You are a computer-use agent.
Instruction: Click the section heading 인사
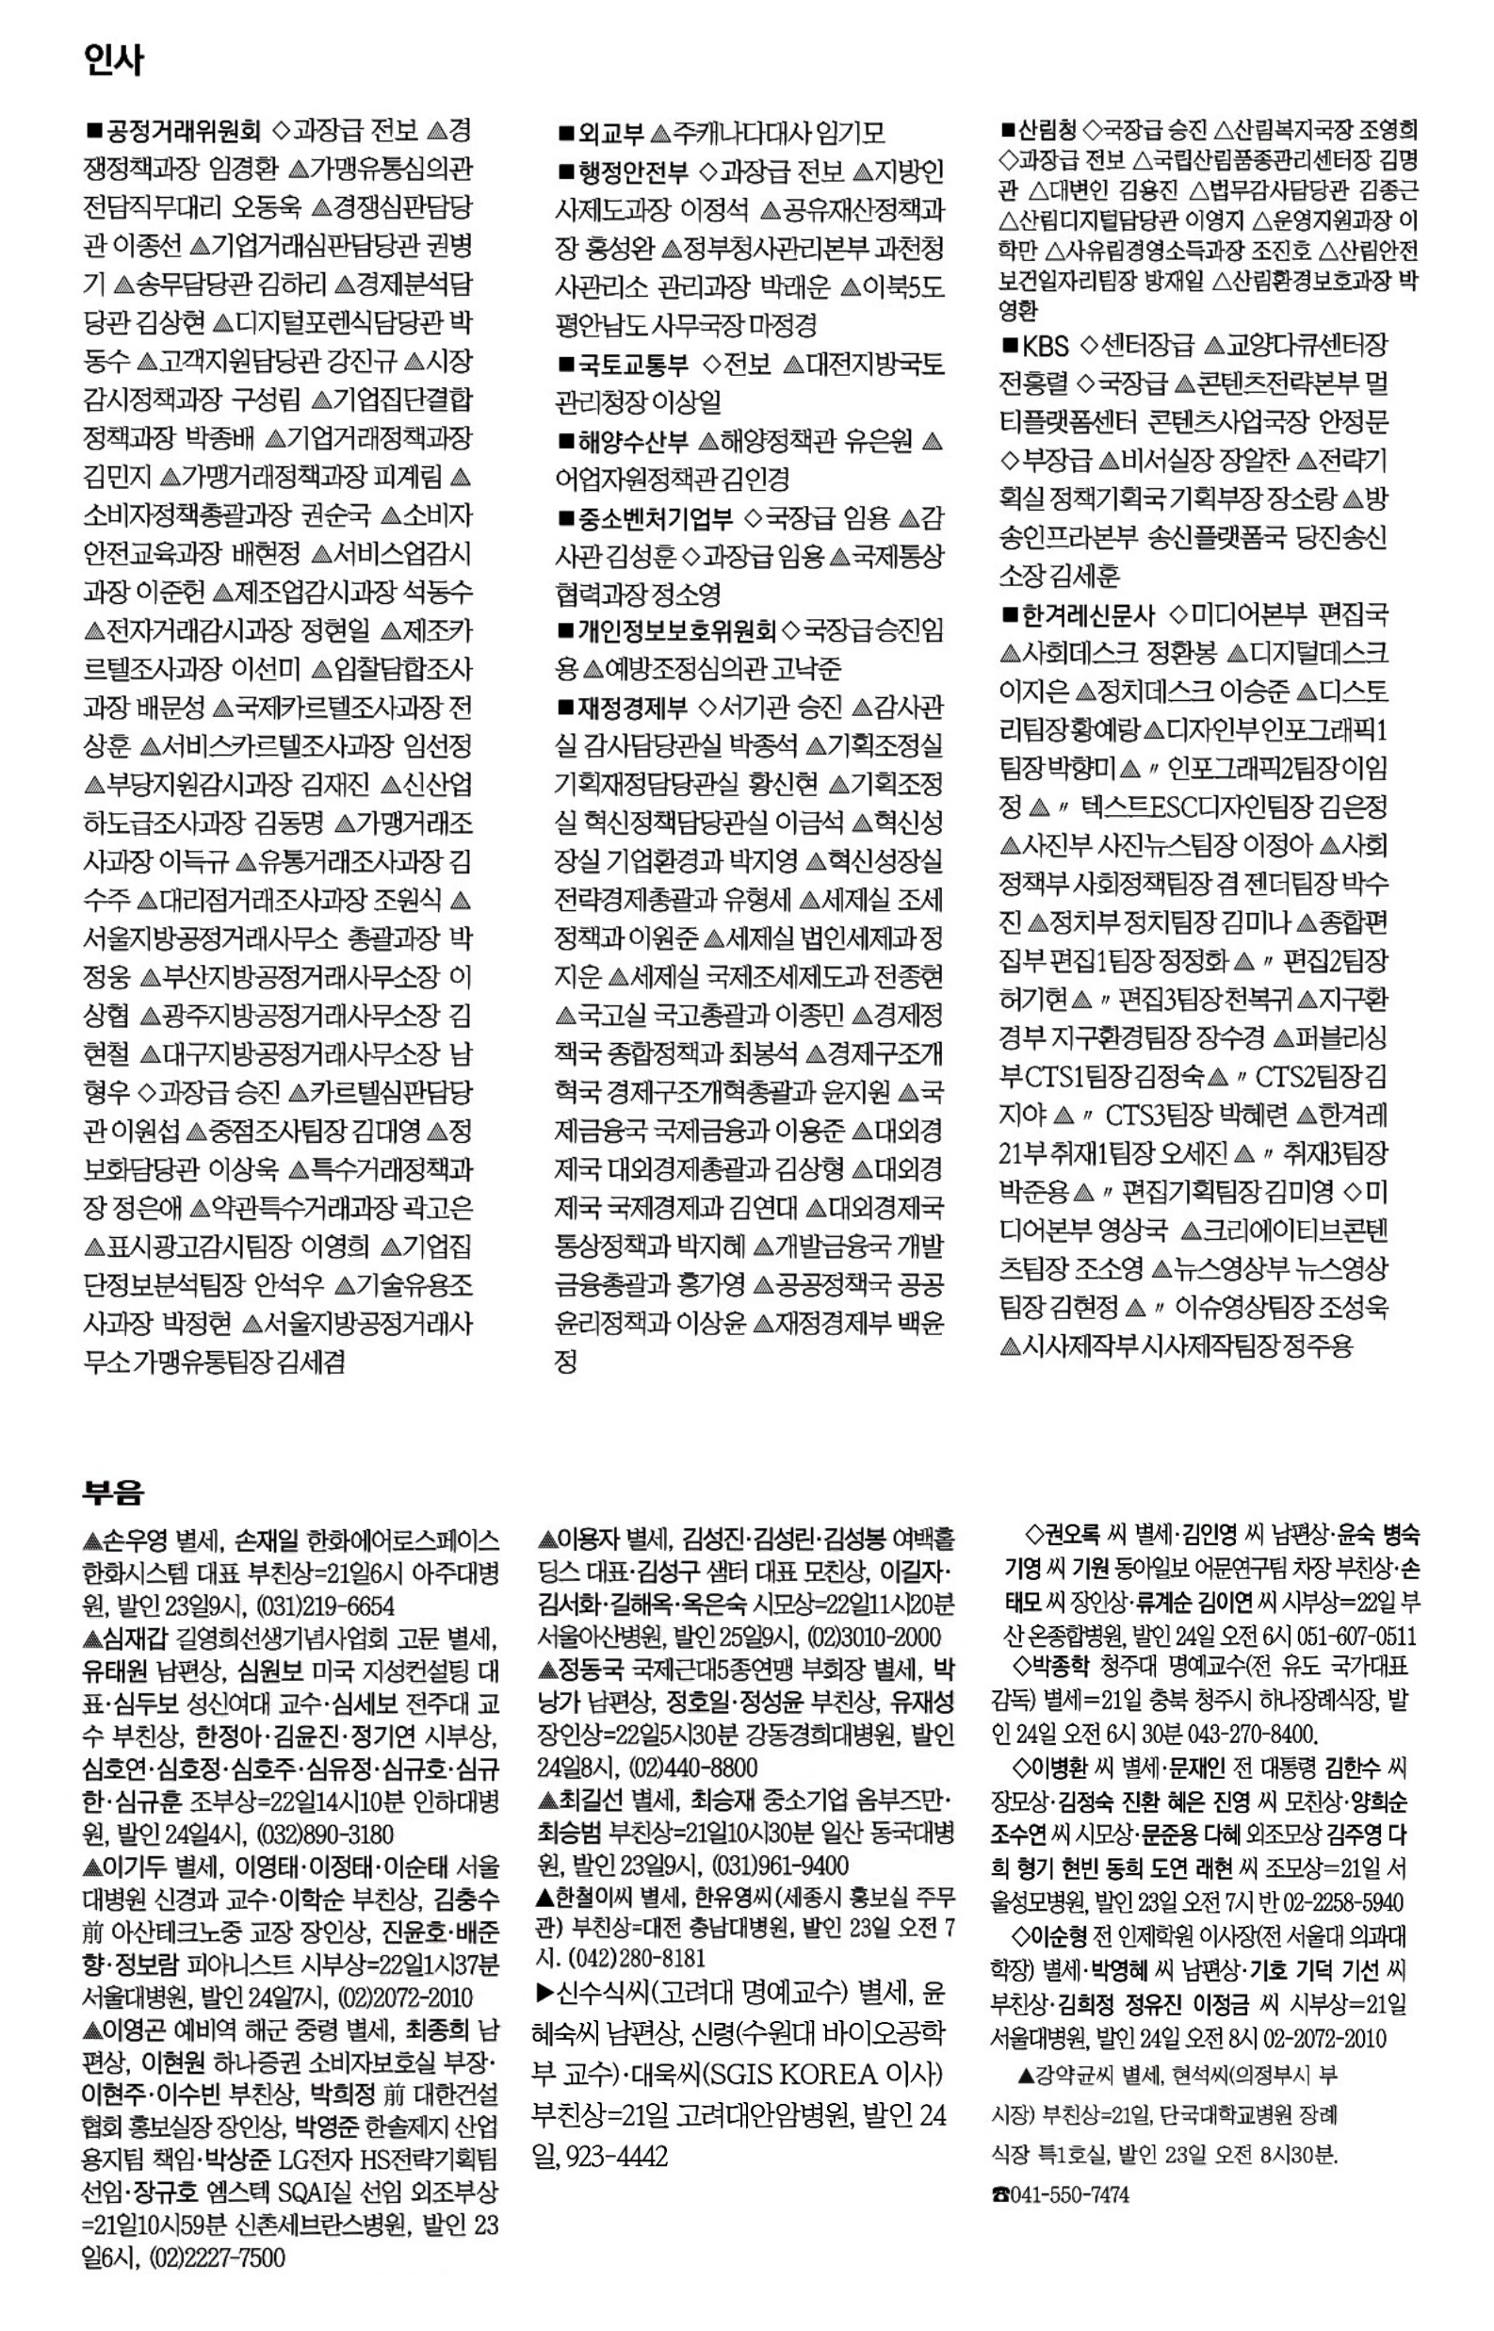pyautogui.click(x=112, y=61)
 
